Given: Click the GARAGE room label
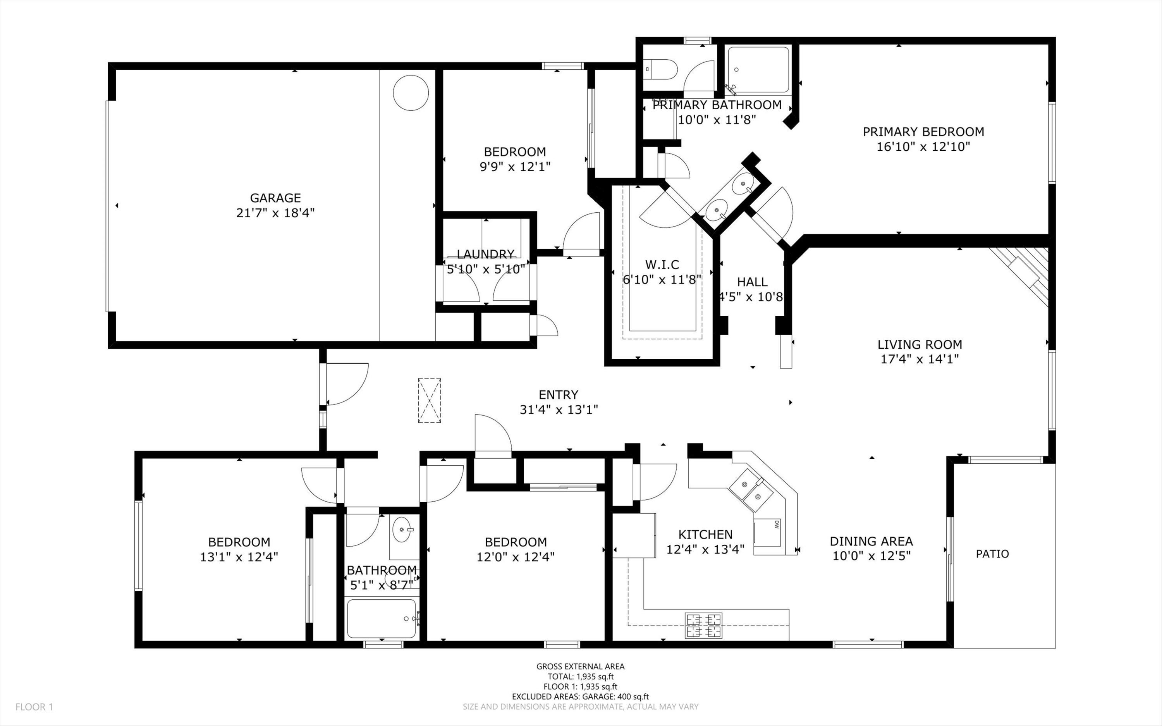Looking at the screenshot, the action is pyautogui.click(x=275, y=198).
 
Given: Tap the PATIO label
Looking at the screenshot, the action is pyautogui.click(x=992, y=554).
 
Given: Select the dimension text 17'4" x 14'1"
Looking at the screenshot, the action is pyautogui.click(x=920, y=359).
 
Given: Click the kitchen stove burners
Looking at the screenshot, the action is pyautogui.click(x=704, y=625).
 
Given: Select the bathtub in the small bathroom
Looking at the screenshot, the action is pyautogui.click(x=381, y=618).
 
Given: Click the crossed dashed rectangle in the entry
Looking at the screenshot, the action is pyautogui.click(x=429, y=401).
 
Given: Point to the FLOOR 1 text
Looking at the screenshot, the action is pyautogui.click(x=34, y=707).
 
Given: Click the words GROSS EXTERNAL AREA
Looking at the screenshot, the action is pyautogui.click(x=580, y=666).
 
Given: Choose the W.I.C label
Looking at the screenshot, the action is pyautogui.click(x=662, y=265).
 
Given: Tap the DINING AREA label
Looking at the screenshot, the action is pyautogui.click(x=871, y=541).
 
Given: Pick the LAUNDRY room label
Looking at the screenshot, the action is pyautogui.click(x=485, y=254).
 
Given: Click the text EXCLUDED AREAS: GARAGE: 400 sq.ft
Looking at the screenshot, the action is pyautogui.click(x=580, y=697).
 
